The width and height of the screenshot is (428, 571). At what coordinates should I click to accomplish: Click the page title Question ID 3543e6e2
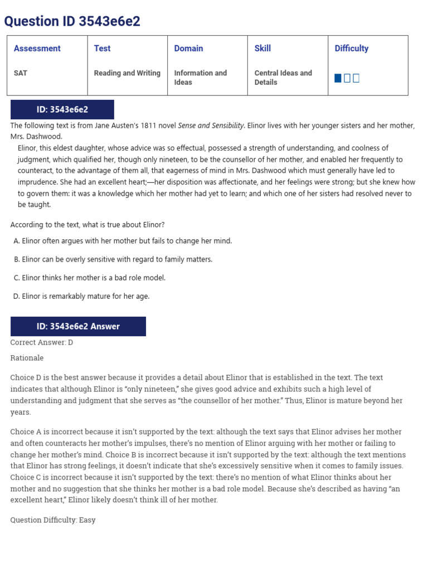coord(72,21)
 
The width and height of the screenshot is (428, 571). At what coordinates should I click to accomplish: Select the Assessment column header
coord(37,49)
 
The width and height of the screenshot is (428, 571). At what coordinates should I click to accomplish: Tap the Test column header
coord(102,49)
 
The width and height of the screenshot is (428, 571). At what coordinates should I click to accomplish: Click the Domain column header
coord(188,49)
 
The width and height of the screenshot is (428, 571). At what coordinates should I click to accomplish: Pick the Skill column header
coord(262,49)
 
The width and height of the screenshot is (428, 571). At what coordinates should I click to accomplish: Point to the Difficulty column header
coord(351,49)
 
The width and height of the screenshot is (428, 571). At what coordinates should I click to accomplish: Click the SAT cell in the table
coord(21,73)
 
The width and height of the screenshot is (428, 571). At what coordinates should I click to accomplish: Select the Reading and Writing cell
coord(127,73)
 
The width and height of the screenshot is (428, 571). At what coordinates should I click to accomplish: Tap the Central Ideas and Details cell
coord(283,78)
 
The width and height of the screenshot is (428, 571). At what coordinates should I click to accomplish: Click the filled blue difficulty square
coord(338,78)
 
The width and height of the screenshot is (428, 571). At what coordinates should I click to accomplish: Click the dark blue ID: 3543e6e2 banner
coord(62,110)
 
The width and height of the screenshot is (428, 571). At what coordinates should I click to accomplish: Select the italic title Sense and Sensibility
coord(211,125)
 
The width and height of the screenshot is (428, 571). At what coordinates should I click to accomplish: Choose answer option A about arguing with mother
coord(123,241)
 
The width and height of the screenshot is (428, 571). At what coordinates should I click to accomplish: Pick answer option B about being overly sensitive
coord(113,259)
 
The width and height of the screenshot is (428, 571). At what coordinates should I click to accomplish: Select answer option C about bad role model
coord(90,278)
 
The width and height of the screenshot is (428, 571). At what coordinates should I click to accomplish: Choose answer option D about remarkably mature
coord(81,296)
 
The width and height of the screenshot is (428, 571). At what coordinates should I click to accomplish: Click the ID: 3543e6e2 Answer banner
coord(78,326)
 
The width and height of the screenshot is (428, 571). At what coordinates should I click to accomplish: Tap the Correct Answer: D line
coord(42,342)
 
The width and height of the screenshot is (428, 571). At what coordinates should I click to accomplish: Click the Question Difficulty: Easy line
coord(53,520)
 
